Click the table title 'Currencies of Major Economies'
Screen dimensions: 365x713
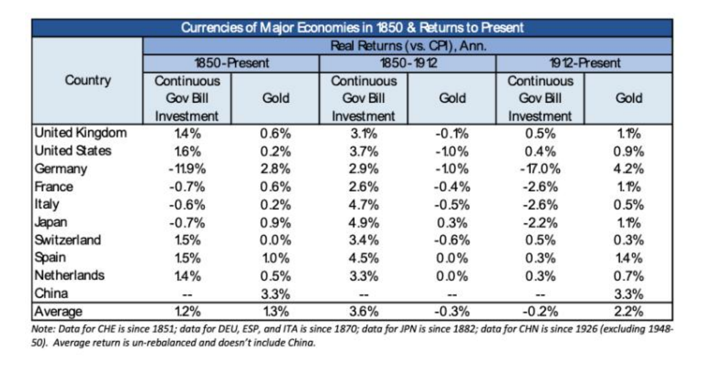click(352, 28)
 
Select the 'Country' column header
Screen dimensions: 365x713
click(88, 80)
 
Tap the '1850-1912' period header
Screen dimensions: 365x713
click(408, 63)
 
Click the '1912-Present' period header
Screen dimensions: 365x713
click(585, 63)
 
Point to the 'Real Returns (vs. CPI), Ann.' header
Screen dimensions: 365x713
click(408, 46)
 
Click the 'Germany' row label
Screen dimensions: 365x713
click(61, 169)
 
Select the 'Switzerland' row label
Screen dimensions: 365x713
click(68, 240)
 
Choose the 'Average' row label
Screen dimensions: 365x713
click(58, 312)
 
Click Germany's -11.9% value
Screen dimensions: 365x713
click(187, 169)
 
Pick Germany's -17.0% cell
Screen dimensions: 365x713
click(540, 169)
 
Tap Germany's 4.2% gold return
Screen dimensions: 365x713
click(628, 169)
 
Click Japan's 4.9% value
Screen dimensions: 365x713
click(364, 223)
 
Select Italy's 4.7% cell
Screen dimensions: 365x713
click(364, 205)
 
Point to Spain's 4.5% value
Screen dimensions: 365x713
click(364, 258)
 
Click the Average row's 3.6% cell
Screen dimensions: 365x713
click(364, 312)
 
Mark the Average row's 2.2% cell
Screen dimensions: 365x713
click(628, 312)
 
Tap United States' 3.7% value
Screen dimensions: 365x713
click(364, 151)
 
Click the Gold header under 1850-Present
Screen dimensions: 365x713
click(275, 98)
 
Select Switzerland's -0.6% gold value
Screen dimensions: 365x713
click(452, 240)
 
